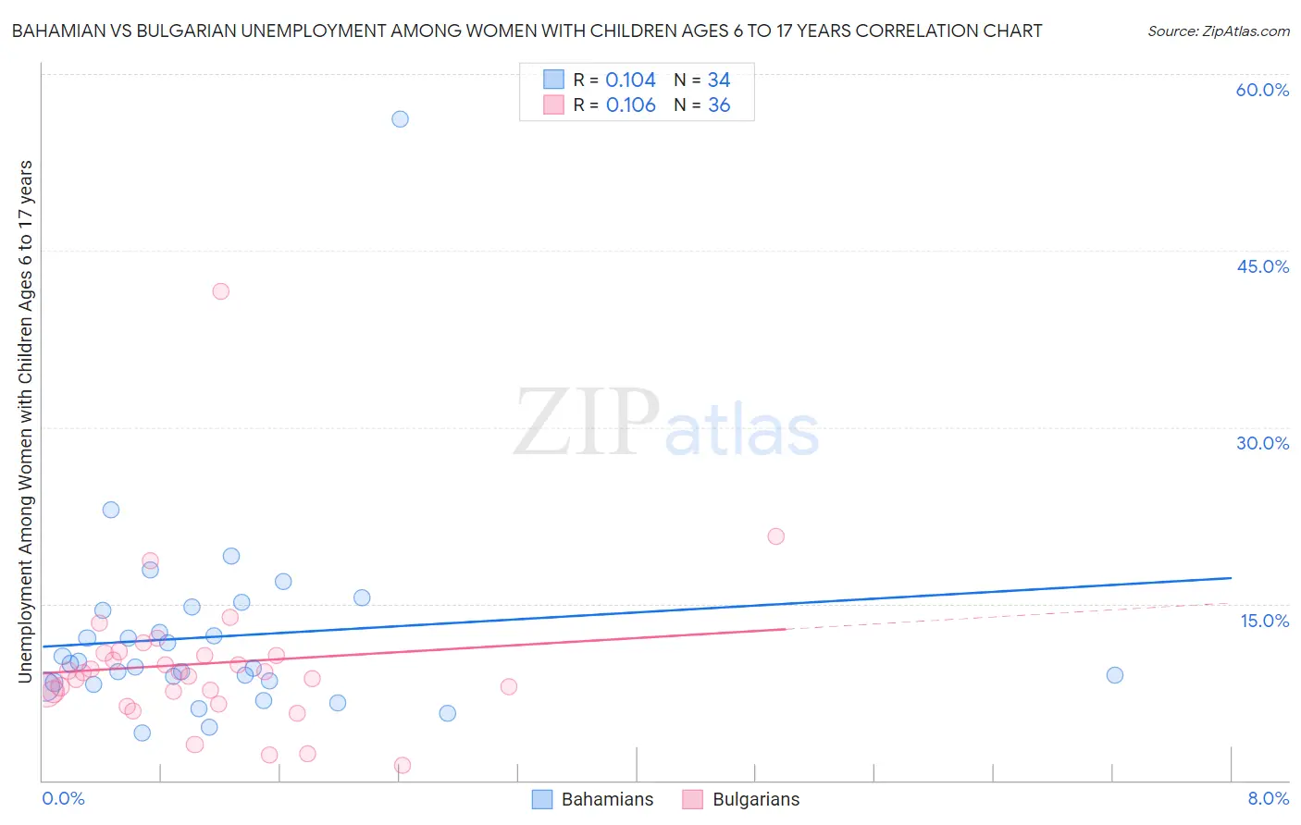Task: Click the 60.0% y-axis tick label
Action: (x=1262, y=90)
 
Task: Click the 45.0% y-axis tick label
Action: (x=1262, y=266)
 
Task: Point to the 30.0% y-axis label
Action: (x=1262, y=443)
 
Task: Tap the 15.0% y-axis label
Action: (x=1264, y=621)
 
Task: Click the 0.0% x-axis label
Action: (x=63, y=798)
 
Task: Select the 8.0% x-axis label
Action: (x=1268, y=798)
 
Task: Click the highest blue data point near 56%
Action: (x=400, y=118)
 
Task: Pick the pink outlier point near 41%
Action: (x=220, y=291)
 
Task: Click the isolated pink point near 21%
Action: (x=776, y=536)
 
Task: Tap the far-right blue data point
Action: (x=1115, y=675)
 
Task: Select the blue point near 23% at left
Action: (x=111, y=510)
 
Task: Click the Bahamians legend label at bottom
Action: (x=607, y=799)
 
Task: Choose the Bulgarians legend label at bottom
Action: (x=755, y=799)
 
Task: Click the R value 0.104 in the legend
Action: (x=630, y=80)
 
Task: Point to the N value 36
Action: (x=719, y=105)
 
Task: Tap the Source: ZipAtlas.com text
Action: (x=1218, y=31)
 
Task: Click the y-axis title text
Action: (x=25, y=421)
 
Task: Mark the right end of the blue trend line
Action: (x=1231, y=578)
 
